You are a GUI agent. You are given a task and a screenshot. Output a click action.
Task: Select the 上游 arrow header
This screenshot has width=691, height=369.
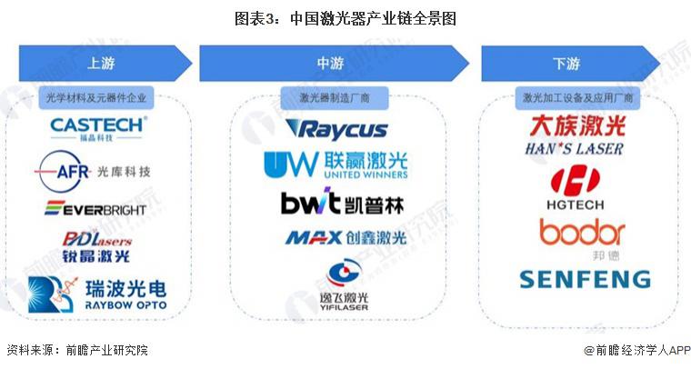click(x=102, y=64)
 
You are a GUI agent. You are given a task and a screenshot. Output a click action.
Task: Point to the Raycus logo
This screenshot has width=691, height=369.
click(x=335, y=129)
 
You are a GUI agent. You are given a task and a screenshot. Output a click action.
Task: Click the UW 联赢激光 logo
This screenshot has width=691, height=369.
click(x=335, y=165)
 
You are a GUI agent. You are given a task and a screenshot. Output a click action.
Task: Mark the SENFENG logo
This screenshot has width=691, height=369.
click(x=585, y=278)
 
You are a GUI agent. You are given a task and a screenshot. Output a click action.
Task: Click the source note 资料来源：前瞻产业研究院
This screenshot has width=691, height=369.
click(x=76, y=350)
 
